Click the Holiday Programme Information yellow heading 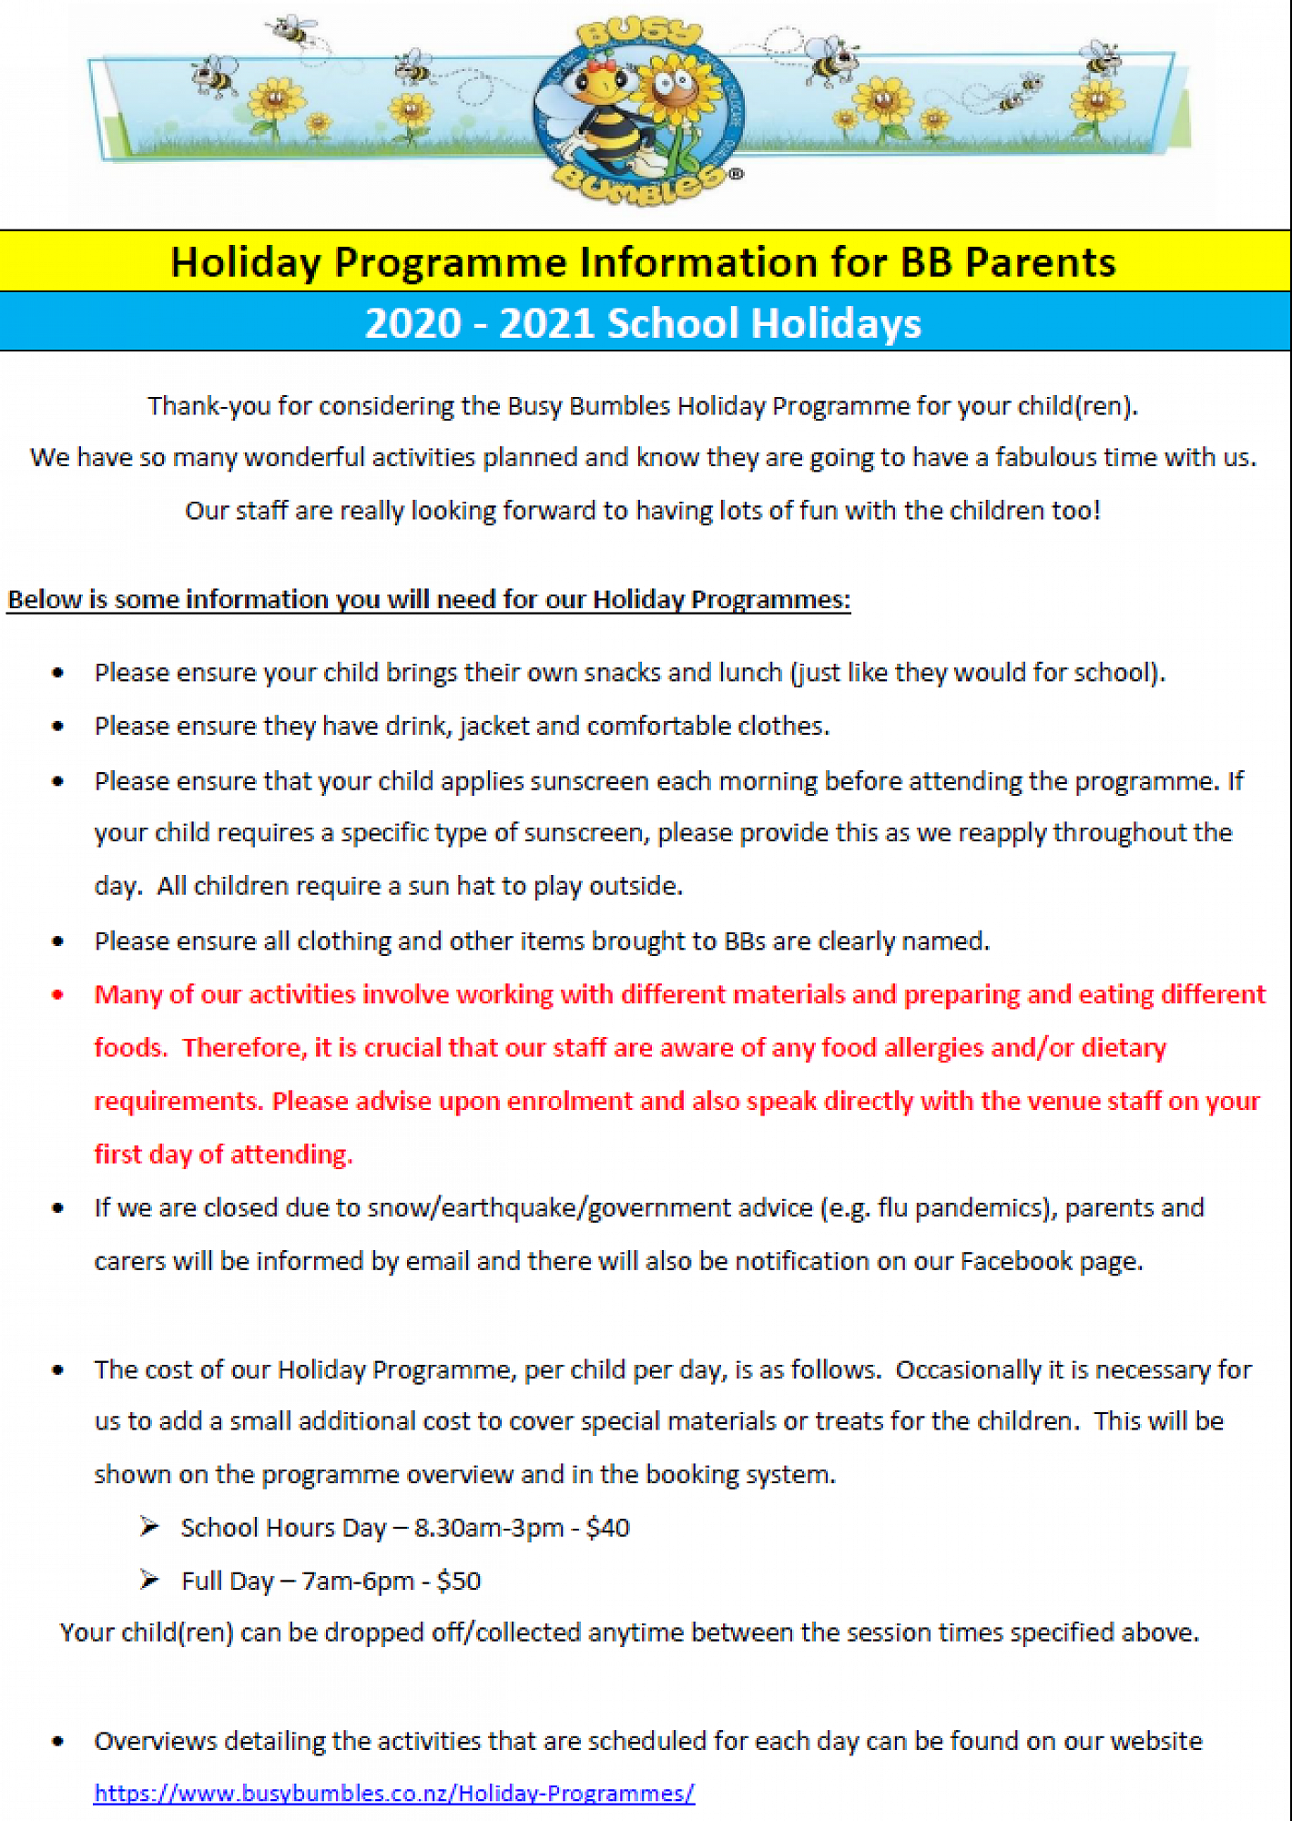pyautogui.click(x=643, y=262)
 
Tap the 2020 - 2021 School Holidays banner pyautogui.click(x=643, y=323)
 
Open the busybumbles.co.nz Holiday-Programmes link pyautogui.click(x=394, y=1793)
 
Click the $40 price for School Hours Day pyautogui.click(x=607, y=1527)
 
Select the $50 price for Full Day pyautogui.click(x=459, y=1581)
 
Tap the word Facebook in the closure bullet pyautogui.click(x=1016, y=1261)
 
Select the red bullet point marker pyautogui.click(x=58, y=994)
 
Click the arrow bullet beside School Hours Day pyautogui.click(x=150, y=1527)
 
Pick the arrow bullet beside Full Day pyautogui.click(x=150, y=1581)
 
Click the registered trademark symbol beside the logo pyautogui.click(x=737, y=174)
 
